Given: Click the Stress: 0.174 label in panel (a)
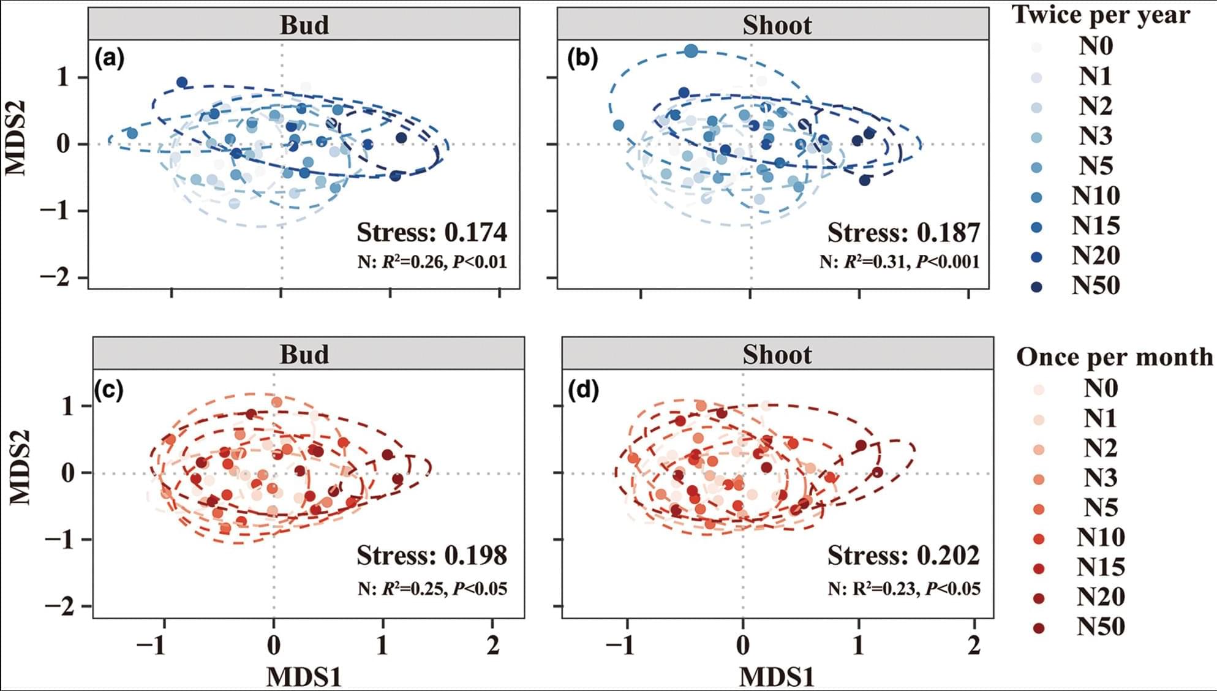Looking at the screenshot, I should (x=432, y=233).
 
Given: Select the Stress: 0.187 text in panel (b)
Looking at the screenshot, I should (x=903, y=233).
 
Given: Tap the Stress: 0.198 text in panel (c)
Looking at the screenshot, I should (x=432, y=556).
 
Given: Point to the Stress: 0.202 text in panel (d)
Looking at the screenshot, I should (x=903, y=556).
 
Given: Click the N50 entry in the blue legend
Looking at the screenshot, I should (x=1096, y=286).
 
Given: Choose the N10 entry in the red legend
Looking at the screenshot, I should (x=1101, y=537).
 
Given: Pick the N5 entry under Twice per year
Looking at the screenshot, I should (x=1096, y=166).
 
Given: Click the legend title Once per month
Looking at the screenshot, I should (x=1114, y=357).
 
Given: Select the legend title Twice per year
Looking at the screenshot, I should (x=1101, y=15).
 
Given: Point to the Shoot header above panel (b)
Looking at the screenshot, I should (x=777, y=25).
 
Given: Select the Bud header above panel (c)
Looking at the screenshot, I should (x=304, y=355).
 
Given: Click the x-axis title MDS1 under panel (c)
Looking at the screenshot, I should (x=304, y=678).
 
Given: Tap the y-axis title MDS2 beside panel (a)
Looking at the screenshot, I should (x=17, y=138).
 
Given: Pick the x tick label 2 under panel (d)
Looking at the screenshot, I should (x=974, y=645).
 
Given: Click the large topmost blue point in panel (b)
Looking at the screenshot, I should (x=691, y=51).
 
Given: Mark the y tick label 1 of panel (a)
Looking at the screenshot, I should (x=64, y=78).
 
